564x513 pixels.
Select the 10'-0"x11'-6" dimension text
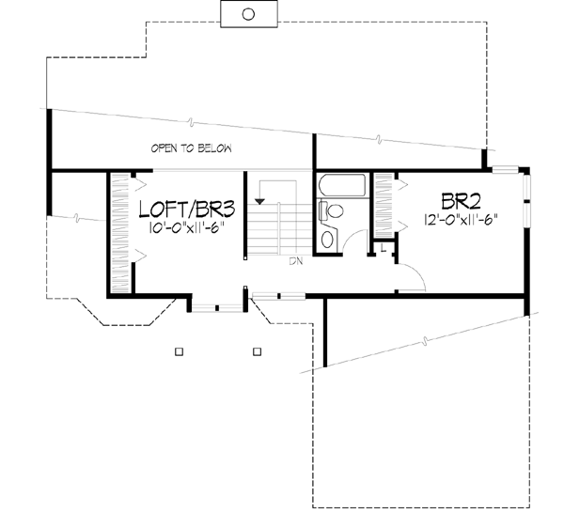(x=184, y=228)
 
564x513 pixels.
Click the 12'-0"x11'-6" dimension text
(x=460, y=221)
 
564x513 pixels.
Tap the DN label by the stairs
(x=294, y=260)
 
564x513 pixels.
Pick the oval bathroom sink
(x=327, y=239)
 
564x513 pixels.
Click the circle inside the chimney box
(x=248, y=13)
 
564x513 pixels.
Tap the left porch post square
(x=179, y=351)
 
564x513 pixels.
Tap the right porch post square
(x=256, y=351)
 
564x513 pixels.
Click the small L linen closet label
(x=384, y=246)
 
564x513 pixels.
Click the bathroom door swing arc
(x=352, y=241)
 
